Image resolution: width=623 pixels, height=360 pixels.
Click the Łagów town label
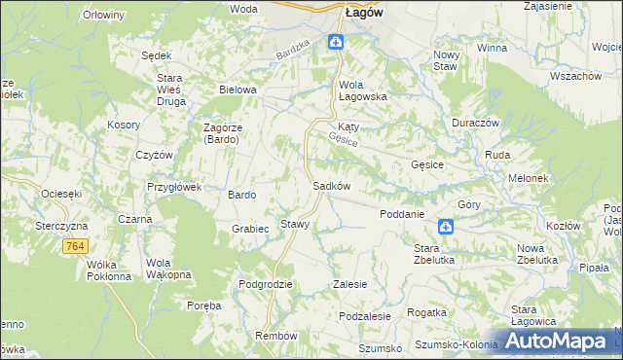click(x=363, y=13)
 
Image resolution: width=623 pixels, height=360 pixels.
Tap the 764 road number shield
click(x=75, y=248)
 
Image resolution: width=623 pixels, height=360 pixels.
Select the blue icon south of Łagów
click(x=335, y=41)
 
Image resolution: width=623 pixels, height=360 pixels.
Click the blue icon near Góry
click(x=445, y=227)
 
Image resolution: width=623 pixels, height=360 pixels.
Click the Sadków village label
click(x=331, y=186)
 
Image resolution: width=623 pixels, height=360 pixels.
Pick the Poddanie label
click(x=401, y=214)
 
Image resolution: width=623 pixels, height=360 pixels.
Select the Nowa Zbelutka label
click(x=536, y=254)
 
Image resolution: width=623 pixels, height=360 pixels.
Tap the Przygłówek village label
click(x=173, y=187)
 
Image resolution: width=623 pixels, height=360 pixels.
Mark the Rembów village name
click(x=275, y=335)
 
